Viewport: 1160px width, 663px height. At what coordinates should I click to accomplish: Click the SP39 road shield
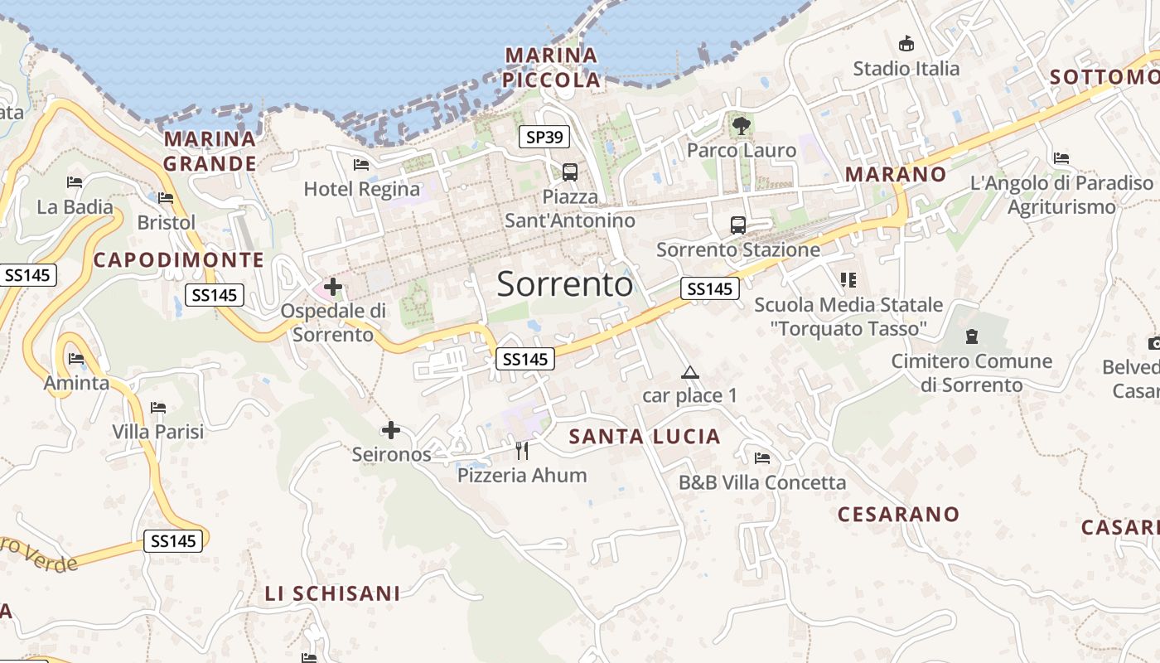(x=544, y=138)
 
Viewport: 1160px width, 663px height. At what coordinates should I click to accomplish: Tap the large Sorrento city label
(x=565, y=284)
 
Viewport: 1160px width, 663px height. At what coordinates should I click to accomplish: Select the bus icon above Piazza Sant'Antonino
(x=570, y=172)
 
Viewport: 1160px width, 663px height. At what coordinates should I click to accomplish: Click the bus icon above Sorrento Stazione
(x=737, y=225)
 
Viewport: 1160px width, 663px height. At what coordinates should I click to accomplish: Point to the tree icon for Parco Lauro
(x=741, y=126)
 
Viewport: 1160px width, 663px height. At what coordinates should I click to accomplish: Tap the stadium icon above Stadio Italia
(x=906, y=43)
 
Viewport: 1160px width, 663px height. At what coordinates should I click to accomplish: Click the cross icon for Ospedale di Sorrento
(x=333, y=288)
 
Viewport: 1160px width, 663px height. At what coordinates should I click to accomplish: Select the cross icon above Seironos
(x=391, y=430)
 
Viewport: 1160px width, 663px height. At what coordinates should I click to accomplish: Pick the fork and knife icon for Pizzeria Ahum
(x=522, y=451)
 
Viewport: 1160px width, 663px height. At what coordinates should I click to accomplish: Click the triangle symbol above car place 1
(x=689, y=372)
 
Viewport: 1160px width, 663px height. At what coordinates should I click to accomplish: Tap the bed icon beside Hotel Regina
(x=361, y=165)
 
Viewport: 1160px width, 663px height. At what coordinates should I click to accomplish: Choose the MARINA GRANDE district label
(x=210, y=151)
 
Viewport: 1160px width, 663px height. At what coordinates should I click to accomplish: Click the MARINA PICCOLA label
(x=552, y=68)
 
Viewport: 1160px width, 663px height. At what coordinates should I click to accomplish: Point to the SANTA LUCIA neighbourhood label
(x=645, y=437)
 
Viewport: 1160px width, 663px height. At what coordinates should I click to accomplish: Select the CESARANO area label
(x=898, y=515)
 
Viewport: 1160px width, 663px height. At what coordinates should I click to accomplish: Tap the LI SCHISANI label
(x=332, y=593)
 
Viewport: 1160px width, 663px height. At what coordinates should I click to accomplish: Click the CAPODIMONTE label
(x=179, y=260)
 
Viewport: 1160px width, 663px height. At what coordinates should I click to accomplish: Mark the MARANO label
(x=896, y=175)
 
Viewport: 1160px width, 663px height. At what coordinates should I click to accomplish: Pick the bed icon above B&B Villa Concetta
(x=762, y=458)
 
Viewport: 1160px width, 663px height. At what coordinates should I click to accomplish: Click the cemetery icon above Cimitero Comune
(x=971, y=336)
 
